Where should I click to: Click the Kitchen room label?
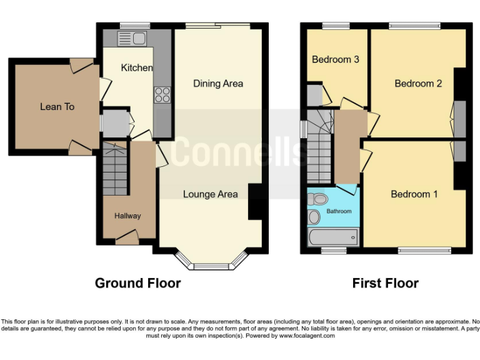coord(137,67)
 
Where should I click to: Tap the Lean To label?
coord(57,107)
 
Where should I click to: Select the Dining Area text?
coord(217,84)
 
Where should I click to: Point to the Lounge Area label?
coord(210,194)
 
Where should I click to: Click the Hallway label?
coord(127,216)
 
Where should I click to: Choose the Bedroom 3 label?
coord(336,60)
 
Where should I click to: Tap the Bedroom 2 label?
coord(418,84)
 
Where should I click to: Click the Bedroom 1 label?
coord(414,194)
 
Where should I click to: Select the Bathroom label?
coord(340,211)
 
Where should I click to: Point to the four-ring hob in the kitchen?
coord(162,95)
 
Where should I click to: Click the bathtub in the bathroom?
coord(334,237)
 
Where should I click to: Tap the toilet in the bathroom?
coord(317,199)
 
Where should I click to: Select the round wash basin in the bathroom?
coord(314,217)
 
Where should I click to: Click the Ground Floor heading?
coord(137,283)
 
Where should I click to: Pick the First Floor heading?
coord(385,283)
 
